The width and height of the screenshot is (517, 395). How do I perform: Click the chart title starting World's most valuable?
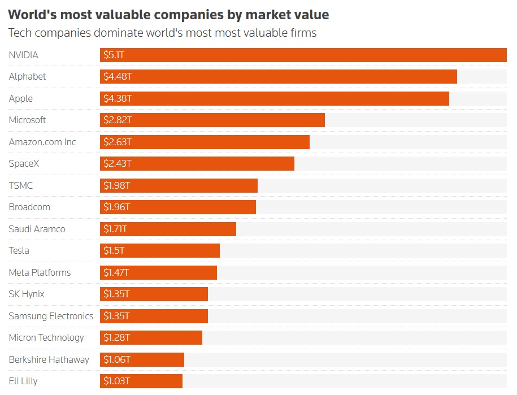coord(168,15)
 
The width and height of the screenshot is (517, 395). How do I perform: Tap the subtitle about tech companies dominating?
coord(162,33)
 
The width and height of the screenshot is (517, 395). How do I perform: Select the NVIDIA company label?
coord(23,55)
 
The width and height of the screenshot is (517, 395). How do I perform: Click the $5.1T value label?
coord(114,55)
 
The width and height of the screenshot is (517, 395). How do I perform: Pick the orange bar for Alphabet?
coord(279,76)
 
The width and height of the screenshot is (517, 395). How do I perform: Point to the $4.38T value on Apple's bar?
coord(118,98)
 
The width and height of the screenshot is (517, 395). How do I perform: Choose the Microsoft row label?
coord(27,120)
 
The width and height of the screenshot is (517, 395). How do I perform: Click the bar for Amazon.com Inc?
coord(205,142)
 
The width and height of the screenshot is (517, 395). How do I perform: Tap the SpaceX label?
coord(24,163)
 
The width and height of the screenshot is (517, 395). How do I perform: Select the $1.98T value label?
coord(117,185)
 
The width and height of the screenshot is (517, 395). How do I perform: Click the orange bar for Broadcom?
coord(178,207)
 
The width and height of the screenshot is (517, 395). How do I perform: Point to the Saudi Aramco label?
coord(37,229)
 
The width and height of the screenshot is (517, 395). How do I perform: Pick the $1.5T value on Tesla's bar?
coord(114,250)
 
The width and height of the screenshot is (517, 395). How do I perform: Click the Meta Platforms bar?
coord(158,272)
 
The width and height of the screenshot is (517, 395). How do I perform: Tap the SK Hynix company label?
coord(27,294)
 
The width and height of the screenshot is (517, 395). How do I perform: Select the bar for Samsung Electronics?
coord(154,316)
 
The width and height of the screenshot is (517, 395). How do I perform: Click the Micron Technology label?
coord(46,337)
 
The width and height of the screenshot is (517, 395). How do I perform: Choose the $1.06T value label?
coord(117,359)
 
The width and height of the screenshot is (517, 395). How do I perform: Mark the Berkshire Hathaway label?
coord(49,359)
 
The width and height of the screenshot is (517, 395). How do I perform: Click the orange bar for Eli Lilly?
coord(141,381)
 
